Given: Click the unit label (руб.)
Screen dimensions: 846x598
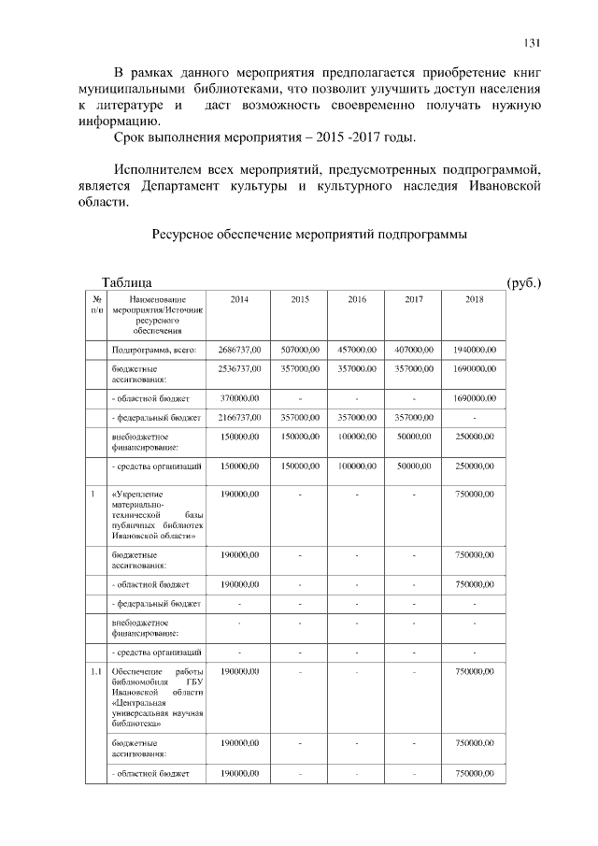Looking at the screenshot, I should point(523,282).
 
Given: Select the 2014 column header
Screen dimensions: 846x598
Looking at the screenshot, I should point(239,299).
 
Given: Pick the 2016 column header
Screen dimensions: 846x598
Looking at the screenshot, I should point(357,299).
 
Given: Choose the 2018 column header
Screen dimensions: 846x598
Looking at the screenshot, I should point(475,299).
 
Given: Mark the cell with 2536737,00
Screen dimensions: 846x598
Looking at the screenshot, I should point(239,369).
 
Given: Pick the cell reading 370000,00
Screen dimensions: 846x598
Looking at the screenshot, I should point(239,398).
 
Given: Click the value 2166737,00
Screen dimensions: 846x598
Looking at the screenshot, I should point(239,418).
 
